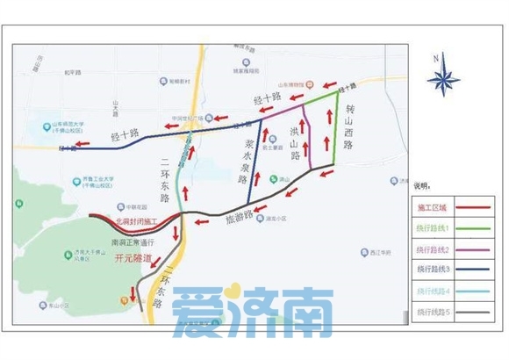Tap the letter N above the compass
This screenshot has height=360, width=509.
pos(443,57)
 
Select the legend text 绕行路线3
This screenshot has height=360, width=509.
pos(431,270)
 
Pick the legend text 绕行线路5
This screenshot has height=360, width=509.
pos(431,312)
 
